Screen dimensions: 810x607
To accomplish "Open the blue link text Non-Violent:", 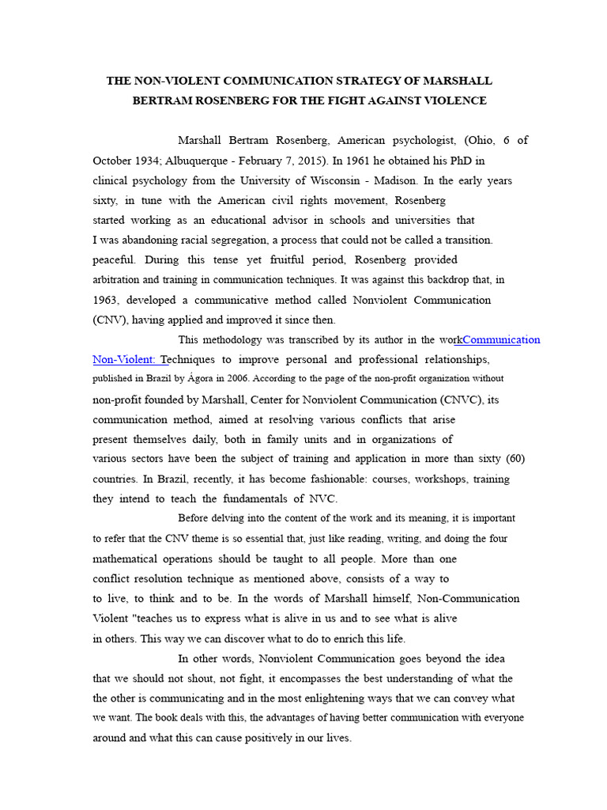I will click(x=124, y=359).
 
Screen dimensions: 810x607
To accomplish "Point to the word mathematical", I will click(x=132, y=558).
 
